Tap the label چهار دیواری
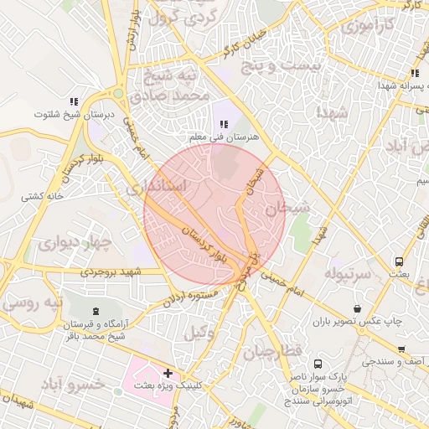[74, 244]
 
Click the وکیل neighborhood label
[199, 333]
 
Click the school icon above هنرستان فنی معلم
[223, 124]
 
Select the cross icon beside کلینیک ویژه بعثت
[168, 372]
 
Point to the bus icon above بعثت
[399, 261]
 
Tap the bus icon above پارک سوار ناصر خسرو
[318, 364]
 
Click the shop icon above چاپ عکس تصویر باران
[358, 308]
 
